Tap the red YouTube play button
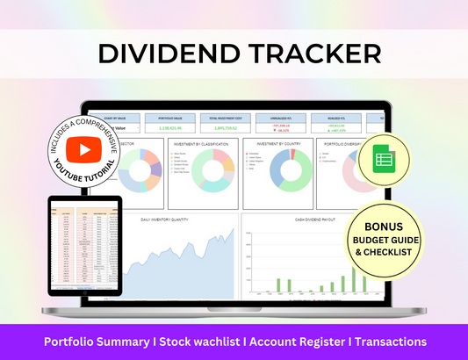coord(84,150)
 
